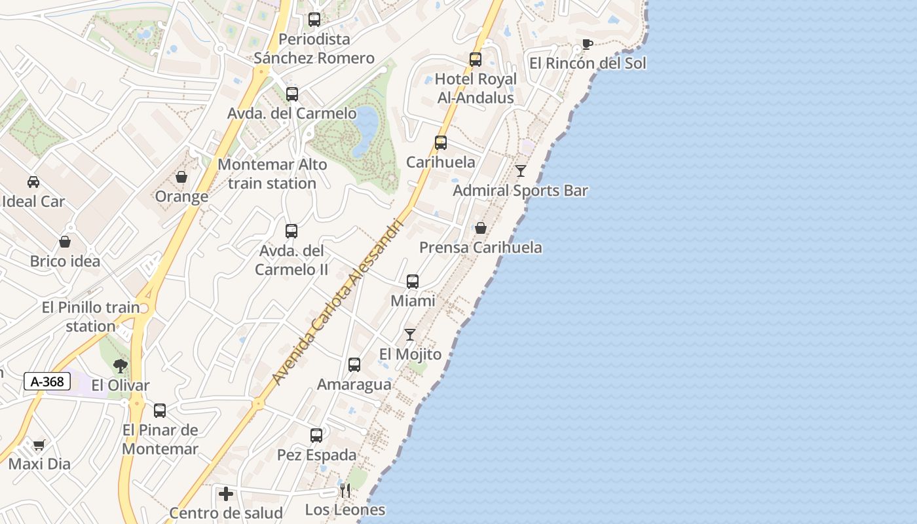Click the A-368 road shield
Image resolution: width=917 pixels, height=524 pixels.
tap(47, 381)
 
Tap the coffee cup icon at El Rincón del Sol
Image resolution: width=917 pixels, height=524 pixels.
tap(587, 45)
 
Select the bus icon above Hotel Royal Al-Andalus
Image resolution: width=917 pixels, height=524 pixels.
tap(476, 60)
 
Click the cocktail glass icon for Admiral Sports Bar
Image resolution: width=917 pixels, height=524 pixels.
tap(521, 171)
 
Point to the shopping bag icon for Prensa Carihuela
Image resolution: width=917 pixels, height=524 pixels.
tap(480, 228)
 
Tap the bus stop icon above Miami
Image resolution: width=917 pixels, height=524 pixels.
tap(413, 282)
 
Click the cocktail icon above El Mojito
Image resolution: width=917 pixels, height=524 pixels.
tap(410, 335)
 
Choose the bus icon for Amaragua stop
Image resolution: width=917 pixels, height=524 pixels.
tap(354, 365)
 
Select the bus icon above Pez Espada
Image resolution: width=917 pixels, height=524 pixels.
tap(316, 436)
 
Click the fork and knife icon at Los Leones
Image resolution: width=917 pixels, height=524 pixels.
tap(345, 491)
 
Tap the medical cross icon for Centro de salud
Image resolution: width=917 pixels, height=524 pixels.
tap(226, 493)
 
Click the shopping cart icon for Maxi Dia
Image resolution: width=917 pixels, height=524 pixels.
tap(39, 445)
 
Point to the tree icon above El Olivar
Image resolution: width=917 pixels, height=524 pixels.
tap(120, 365)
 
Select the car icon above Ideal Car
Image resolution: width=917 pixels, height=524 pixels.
tap(33, 182)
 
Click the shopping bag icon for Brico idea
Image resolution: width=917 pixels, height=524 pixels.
tap(65, 242)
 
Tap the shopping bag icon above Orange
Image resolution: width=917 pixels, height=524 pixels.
tap(181, 177)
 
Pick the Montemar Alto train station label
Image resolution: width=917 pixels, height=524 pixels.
tap(272, 174)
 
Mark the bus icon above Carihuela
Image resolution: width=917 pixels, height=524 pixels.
tap(441, 143)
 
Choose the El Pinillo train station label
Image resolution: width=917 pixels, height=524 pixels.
tap(90, 316)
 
